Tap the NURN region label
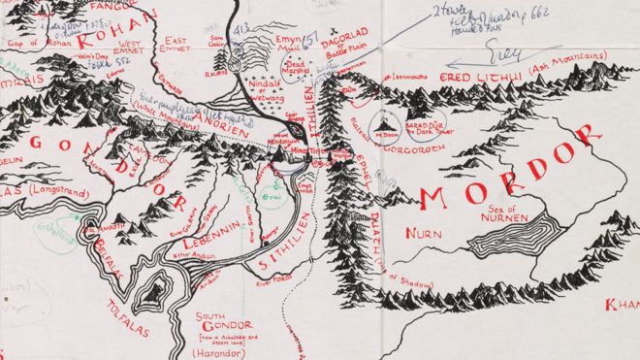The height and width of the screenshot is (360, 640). pyautogui.click(x=427, y=234)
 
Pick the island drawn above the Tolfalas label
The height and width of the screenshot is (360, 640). pyautogui.click(x=149, y=289)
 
